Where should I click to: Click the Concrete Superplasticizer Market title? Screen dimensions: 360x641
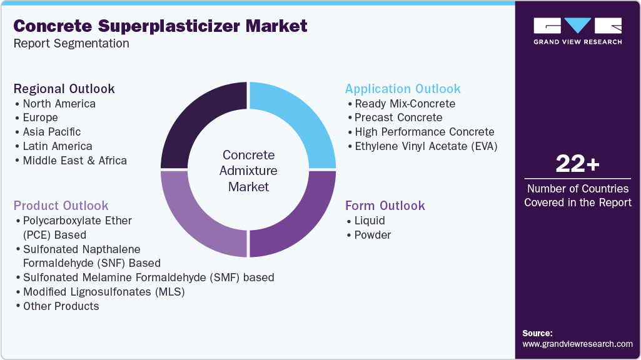point(161,26)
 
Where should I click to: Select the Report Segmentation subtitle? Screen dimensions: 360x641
point(71,43)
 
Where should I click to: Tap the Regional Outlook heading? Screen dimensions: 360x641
point(64,88)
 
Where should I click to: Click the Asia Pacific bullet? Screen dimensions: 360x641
point(51,132)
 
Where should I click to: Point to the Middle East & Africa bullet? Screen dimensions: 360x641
point(74,161)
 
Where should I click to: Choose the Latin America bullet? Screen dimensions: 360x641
point(57,146)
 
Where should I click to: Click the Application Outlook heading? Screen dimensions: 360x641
point(403,88)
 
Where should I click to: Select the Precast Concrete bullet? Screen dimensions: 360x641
point(398,117)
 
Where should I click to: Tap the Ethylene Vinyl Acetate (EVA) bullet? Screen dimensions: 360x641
point(425,146)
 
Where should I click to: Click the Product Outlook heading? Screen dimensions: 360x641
point(61,206)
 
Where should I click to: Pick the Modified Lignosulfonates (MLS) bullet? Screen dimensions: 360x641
point(104,292)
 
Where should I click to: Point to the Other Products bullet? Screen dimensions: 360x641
point(61,306)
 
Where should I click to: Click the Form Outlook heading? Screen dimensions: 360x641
point(385,206)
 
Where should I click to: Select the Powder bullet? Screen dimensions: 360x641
point(372,235)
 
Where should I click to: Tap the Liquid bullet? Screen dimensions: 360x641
point(370,221)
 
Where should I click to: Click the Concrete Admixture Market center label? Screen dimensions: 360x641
point(249,171)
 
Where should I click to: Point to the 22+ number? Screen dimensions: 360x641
point(577,164)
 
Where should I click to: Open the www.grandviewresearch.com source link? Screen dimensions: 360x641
point(577,344)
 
